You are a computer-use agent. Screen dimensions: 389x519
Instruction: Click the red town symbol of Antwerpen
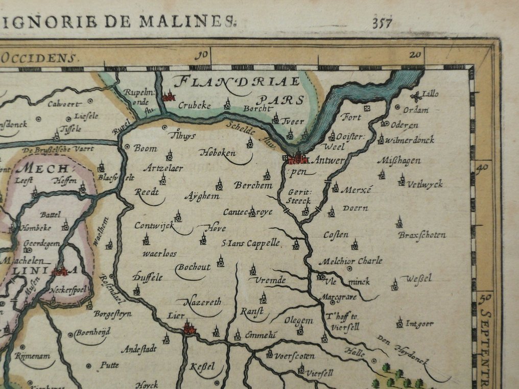pyautogui.click(x=298, y=159)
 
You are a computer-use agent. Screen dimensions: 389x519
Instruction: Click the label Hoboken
pyautogui.click(x=218, y=153)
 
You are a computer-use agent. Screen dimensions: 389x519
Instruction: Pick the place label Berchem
pyautogui.click(x=253, y=186)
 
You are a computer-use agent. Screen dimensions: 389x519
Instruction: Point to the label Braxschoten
pyautogui.click(x=421, y=235)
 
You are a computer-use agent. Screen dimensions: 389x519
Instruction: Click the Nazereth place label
pyautogui.click(x=202, y=302)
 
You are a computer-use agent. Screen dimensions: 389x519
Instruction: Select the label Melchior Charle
pyautogui.click(x=350, y=261)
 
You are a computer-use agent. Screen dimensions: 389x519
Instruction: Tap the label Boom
pyautogui.click(x=145, y=149)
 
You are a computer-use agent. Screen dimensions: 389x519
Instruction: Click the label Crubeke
pyautogui.click(x=194, y=105)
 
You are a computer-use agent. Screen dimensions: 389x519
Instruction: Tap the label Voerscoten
pyautogui.click(x=294, y=356)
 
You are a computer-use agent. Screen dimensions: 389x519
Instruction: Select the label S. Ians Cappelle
pyautogui.click(x=250, y=243)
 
